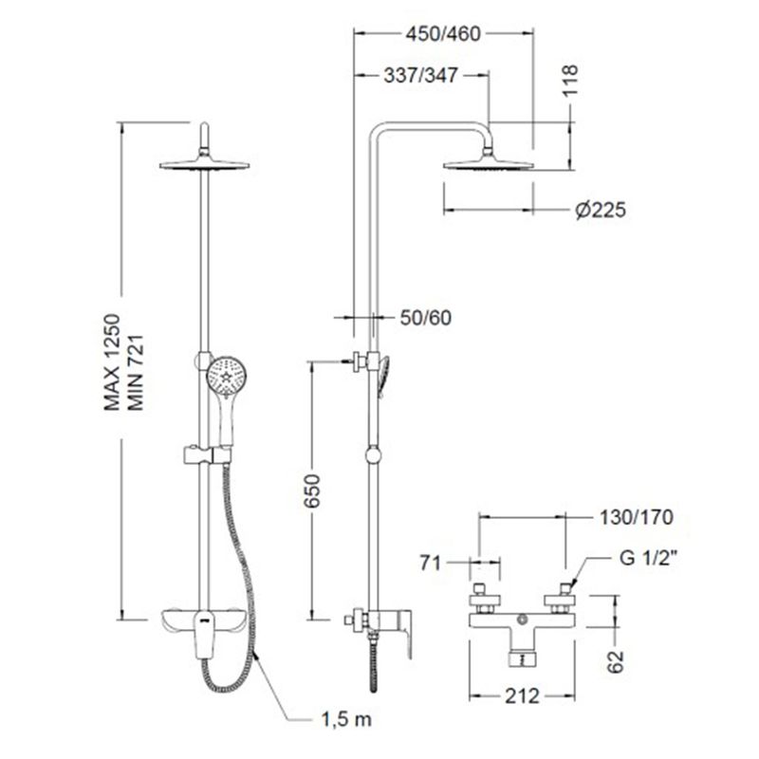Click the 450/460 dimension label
(443, 34)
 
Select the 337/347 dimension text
(420, 76)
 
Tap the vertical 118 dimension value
(571, 81)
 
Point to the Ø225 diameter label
(601, 210)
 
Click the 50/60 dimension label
(425, 318)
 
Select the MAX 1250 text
(112, 362)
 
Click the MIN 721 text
(135, 372)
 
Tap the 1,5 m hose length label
(346, 719)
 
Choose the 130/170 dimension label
(636, 517)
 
